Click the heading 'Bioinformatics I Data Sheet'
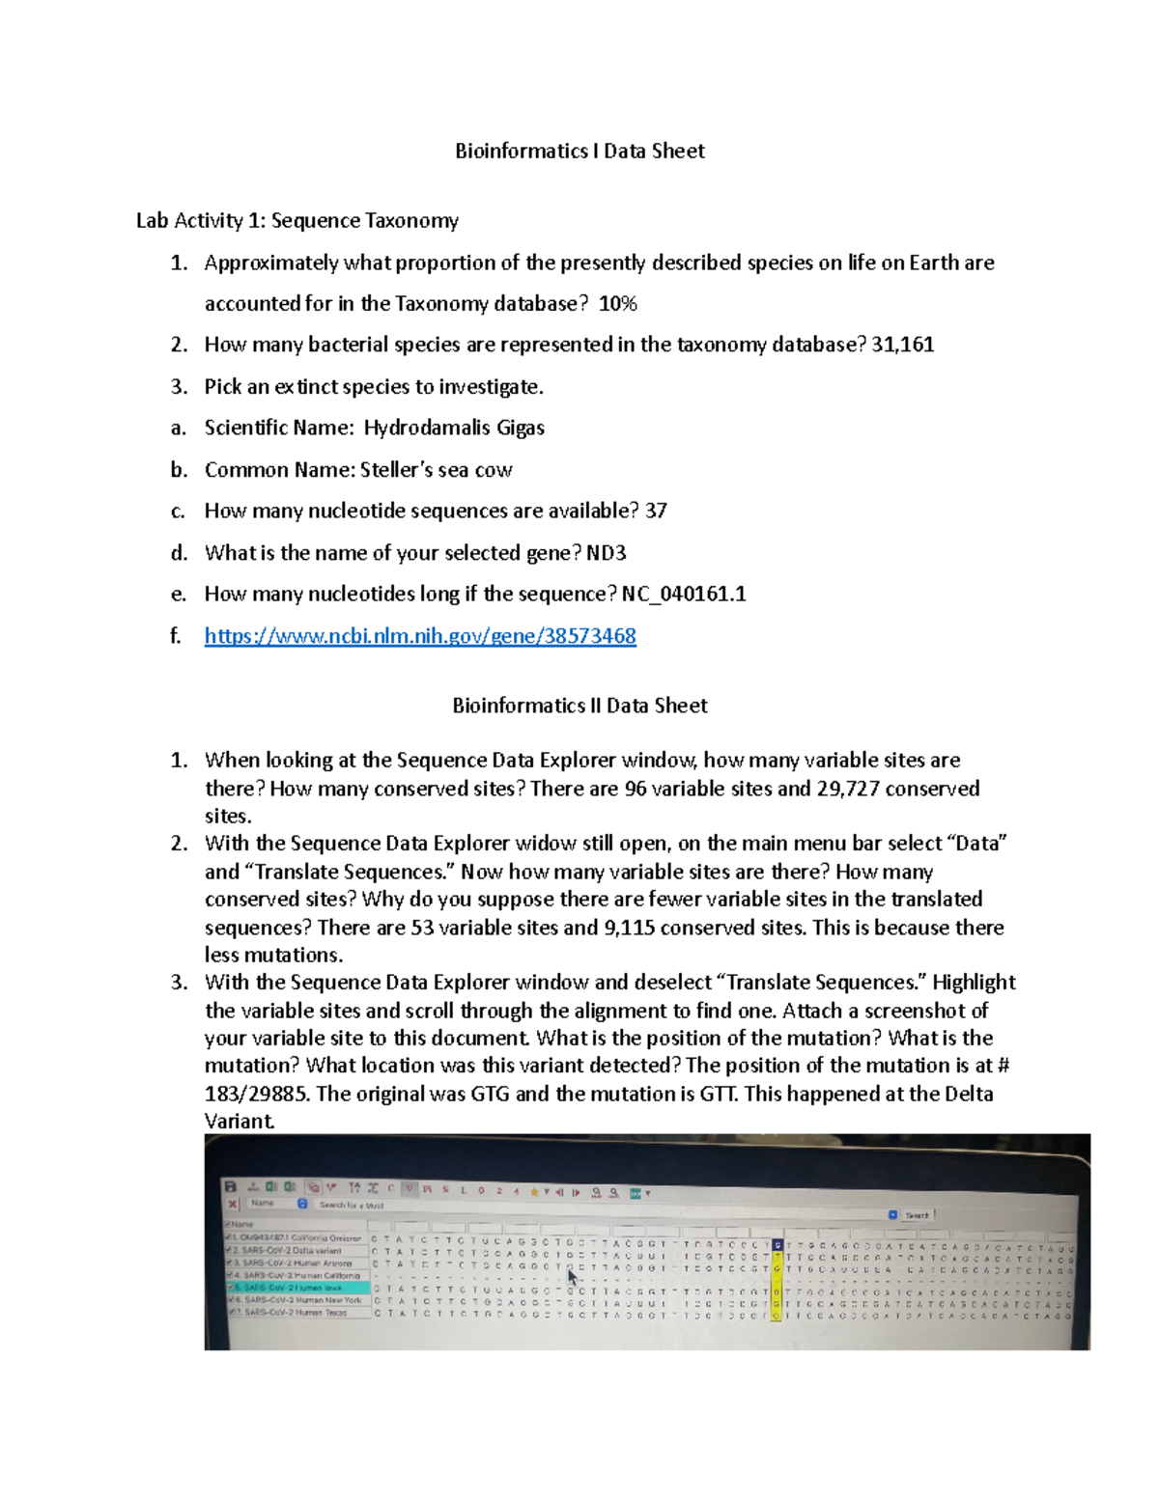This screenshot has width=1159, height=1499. click(579, 151)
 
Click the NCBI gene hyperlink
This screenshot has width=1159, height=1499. click(420, 636)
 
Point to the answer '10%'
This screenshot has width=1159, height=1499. click(617, 304)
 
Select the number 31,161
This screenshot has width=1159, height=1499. click(902, 345)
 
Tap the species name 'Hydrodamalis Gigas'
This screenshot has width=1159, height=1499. click(454, 428)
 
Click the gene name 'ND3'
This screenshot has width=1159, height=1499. click(607, 553)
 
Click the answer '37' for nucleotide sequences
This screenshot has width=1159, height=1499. click(656, 511)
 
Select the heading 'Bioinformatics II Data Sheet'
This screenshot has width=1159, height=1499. click(579, 706)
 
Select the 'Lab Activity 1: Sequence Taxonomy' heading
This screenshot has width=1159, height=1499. click(297, 221)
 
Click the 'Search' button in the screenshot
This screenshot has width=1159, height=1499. click(917, 1215)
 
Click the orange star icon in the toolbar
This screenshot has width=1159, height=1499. click(534, 1192)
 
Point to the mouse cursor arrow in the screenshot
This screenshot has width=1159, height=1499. click(573, 1277)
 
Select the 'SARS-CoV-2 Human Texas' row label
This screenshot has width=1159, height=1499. click(295, 1313)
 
